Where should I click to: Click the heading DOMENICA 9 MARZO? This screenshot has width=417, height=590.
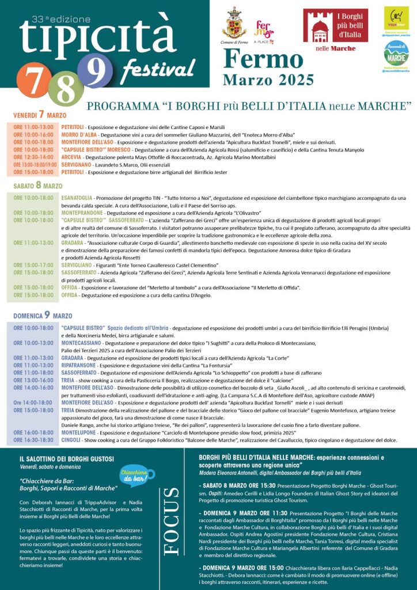point(42,316)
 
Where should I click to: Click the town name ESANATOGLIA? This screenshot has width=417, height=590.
point(78,198)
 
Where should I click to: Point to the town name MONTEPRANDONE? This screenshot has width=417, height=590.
point(82,213)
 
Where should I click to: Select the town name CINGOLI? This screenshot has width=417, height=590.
point(71,440)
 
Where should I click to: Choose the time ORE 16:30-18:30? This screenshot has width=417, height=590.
point(33,440)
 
